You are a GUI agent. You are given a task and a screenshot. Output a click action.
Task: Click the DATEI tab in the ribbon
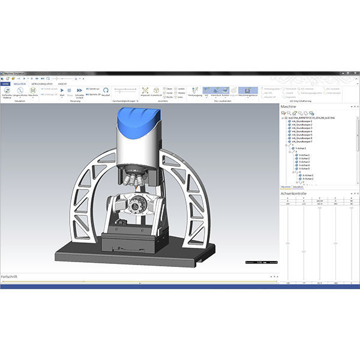pyautogui.click(x=5, y=84)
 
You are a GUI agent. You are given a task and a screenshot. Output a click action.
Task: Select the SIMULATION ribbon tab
pyautogui.click(x=20, y=84)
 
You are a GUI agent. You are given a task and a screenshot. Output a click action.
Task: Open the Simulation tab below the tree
pyautogui.click(x=298, y=187)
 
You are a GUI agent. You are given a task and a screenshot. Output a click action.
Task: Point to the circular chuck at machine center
pyautogui.click(x=137, y=205)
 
